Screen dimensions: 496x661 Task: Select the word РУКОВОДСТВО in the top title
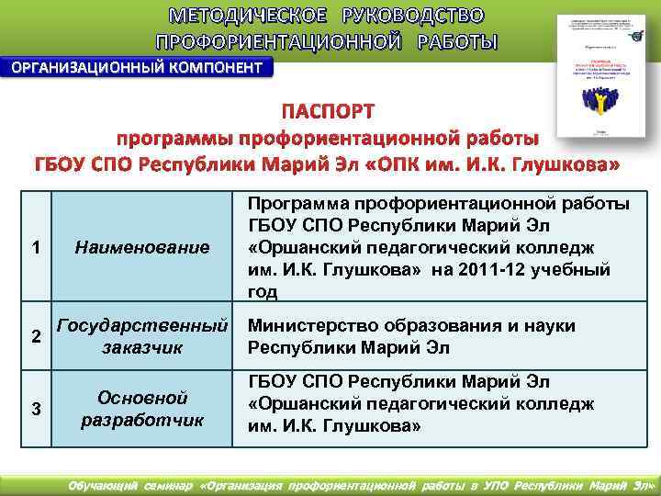(412, 17)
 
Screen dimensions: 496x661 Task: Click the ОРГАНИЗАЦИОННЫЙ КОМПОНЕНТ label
(136, 67)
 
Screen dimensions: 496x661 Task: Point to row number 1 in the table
(35, 247)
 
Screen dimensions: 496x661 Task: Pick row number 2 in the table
(35, 336)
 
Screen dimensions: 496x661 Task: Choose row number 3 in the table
(35, 409)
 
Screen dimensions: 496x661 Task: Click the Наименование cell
(142, 247)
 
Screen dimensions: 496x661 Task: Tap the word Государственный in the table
(142, 325)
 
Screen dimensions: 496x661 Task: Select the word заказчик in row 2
(142, 347)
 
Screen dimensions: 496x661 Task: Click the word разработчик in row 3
(142, 421)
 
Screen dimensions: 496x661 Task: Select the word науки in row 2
(549, 326)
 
